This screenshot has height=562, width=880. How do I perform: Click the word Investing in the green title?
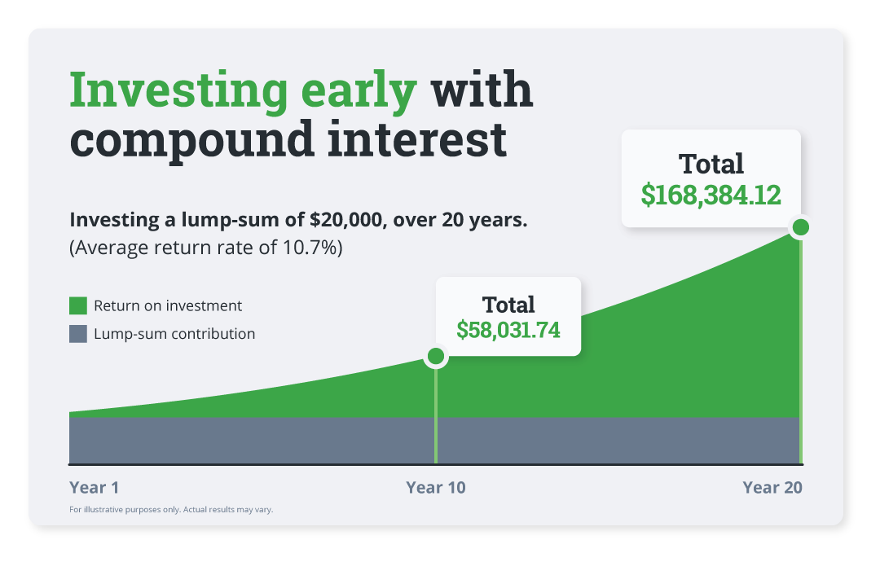[178, 91]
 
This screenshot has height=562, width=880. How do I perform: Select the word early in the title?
[359, 91]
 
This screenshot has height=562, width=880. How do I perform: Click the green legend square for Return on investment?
[78, 306]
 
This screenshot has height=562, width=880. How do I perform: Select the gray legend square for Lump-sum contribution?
[78, 334]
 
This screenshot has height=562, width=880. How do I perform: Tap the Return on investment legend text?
[168, 306]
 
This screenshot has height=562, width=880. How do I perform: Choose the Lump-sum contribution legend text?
[174, 334]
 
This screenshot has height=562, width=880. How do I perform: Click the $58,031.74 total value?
[508, 330]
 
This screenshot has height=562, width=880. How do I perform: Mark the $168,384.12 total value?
[711, 195]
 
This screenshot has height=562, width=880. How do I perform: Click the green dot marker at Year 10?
[436, 356]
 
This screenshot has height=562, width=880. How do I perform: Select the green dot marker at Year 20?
[800, 227]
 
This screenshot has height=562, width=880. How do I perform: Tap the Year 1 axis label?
[95, 488]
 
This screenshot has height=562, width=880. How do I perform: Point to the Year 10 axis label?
[436, 488]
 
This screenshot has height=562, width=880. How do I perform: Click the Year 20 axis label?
[772, 488]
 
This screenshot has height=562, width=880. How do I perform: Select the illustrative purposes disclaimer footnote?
[171, 510]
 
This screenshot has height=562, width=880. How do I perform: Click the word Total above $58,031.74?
[508, 305]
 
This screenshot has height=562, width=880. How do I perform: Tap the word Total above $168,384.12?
[711, 164]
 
